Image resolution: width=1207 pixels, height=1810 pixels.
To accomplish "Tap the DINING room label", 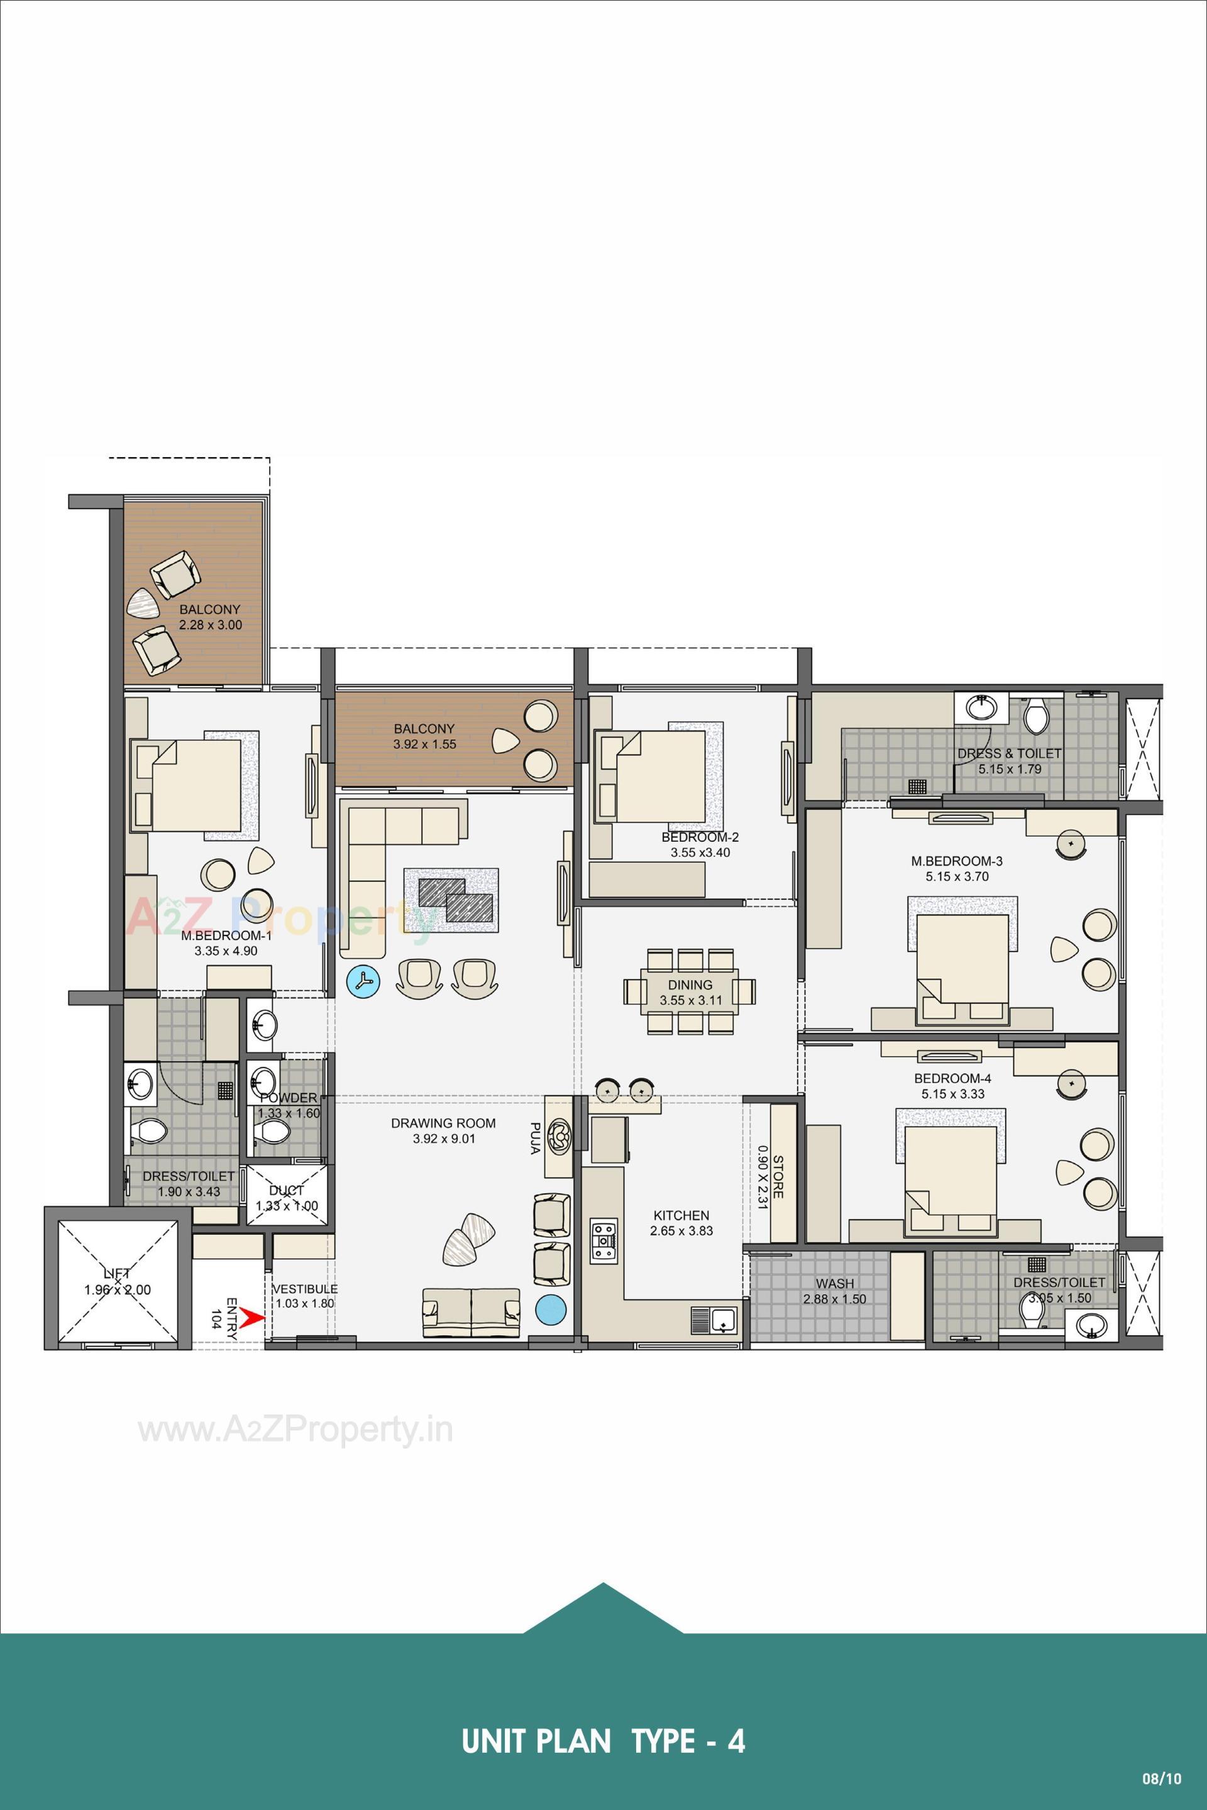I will (690, 985).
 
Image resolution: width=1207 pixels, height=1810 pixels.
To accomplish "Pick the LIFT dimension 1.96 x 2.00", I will (118, 1289).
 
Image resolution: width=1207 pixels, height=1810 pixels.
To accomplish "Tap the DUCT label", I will (287, 1190).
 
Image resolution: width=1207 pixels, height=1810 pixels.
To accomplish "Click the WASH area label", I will (834, 1283).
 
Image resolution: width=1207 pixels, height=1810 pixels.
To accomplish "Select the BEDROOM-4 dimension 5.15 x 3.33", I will (958, 1094).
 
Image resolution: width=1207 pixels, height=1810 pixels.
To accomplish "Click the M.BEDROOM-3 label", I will (957, 861).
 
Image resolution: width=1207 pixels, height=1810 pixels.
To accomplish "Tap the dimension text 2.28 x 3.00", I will (210, 624).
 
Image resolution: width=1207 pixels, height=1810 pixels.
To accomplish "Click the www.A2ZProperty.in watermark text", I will (295, 1430).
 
